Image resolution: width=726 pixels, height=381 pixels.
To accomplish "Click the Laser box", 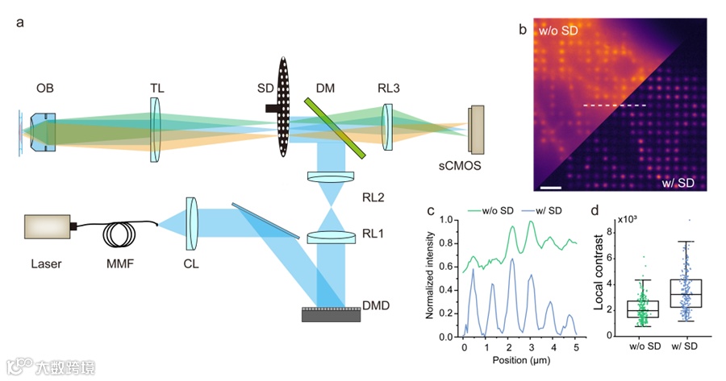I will (48, 228).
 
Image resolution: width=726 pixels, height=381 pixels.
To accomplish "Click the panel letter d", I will (595, 213).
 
